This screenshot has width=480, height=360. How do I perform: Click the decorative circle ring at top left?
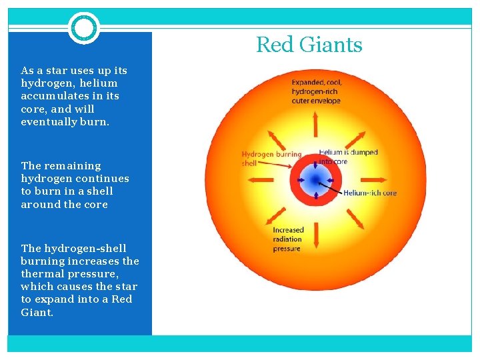click(x=84, y=28)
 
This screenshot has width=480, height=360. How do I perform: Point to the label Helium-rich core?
click(x=370, y=193)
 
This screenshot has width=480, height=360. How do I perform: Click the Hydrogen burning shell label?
click(x=271, y=158)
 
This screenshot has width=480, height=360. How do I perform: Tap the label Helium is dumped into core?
click(x=348, y=157)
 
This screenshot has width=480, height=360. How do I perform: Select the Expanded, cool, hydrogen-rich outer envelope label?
click(x=316, y=91)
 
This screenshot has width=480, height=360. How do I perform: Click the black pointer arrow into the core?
click(x=331, y=187)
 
